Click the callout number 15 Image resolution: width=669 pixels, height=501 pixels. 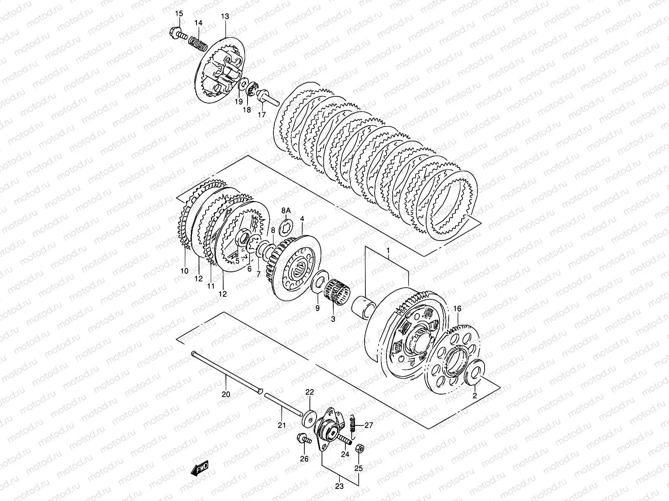pos(179,14)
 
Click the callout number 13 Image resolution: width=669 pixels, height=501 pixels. pos(225,16)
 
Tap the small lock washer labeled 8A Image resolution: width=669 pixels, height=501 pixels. pos(286,224)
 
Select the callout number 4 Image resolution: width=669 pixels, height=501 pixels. pos(302,218)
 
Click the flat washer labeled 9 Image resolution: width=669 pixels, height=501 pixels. pos(319,280)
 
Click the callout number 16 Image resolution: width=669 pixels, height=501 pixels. pos(457,309)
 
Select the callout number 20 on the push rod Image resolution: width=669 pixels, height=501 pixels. pos(226,395)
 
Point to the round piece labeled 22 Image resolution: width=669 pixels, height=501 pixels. pos(309,418)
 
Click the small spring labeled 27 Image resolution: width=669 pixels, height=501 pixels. pos(352,425)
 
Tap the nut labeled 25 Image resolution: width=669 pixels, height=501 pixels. pos(359,448)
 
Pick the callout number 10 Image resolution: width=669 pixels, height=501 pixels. pos(184,271)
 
